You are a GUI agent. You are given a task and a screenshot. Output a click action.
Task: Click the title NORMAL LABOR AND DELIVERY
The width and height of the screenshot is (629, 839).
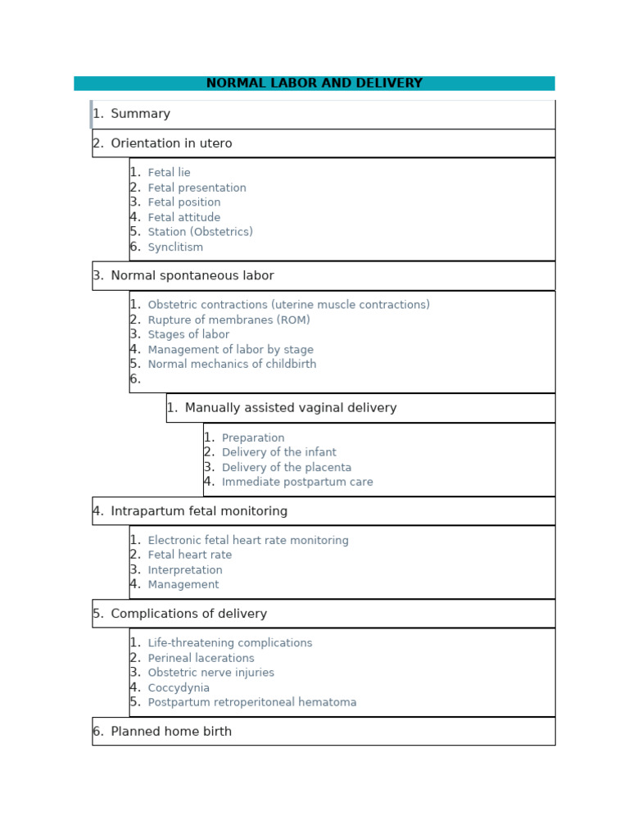(314, 84)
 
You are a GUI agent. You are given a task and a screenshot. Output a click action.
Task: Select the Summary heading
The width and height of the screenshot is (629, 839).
(140, 114)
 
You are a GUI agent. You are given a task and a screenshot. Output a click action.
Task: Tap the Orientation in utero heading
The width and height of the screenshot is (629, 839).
(171, 143)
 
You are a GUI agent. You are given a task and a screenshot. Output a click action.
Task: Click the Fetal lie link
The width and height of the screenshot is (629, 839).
(169, 173)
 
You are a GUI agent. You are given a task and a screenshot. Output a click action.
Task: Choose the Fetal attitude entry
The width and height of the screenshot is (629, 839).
(183, 217)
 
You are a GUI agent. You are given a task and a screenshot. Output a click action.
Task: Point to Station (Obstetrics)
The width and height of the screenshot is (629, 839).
(200, 232)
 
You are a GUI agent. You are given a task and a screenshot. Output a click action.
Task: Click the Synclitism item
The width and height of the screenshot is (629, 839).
(175, 247)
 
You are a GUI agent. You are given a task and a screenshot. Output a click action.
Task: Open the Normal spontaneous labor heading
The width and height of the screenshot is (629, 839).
(192, 275)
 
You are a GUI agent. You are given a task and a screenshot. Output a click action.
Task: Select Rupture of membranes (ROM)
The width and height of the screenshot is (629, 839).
(229, 320)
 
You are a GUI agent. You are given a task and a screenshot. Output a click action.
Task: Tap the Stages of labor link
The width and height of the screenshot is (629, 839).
(188, 334)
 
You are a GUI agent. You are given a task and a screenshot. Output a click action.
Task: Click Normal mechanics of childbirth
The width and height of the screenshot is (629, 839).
(232, 364)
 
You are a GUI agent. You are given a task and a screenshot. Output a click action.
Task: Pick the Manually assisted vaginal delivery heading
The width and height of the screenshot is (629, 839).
(290, 408)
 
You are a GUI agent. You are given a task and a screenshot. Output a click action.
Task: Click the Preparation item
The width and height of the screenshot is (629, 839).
(253, 438)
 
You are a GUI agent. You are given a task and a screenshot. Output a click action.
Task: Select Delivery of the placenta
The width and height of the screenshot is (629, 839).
(286, 467)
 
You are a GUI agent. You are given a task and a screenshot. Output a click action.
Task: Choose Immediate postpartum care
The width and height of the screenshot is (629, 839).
(297, 482)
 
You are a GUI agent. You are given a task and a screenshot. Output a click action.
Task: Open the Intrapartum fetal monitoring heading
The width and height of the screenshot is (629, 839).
(199, 511)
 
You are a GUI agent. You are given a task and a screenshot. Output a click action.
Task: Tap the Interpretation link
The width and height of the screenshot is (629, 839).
(185, 569)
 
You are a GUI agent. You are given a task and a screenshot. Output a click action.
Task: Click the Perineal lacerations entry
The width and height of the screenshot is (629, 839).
(201, 658)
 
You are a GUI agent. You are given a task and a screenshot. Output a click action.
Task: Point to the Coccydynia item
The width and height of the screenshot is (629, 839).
(179, 687)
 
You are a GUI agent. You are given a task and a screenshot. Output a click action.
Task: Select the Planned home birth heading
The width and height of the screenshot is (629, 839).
(171, 732)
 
